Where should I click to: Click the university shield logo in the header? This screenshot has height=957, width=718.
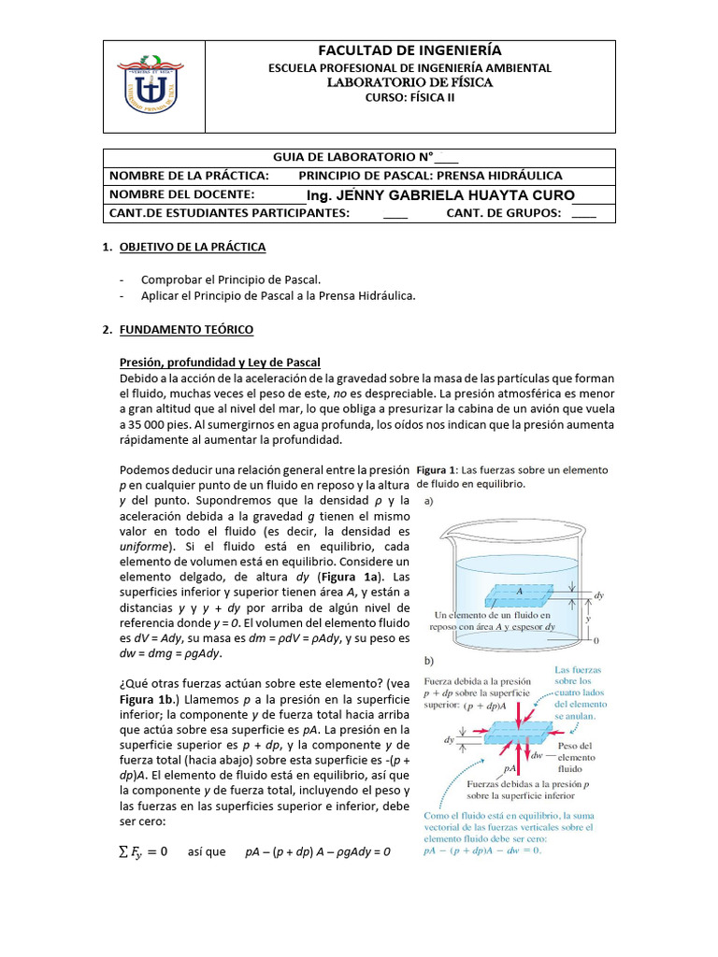click(151, 86)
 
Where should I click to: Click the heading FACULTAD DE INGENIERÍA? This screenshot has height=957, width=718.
click(409, 50)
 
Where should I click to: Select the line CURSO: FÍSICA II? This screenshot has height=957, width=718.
click(409, 100)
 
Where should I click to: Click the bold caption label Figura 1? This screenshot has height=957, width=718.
click(438, 470)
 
